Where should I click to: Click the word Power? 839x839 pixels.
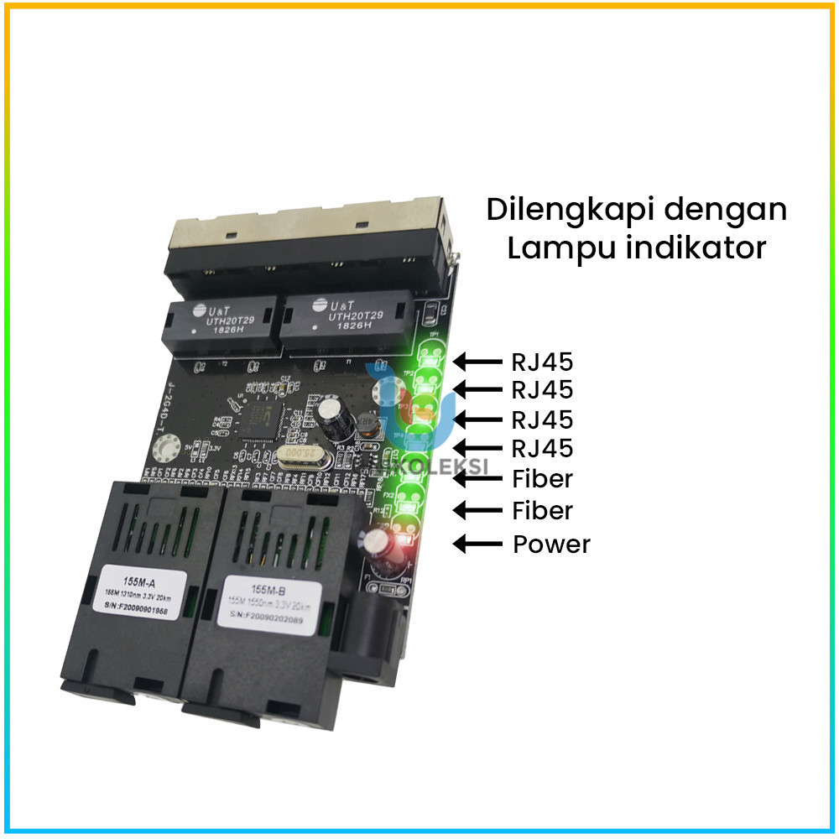click(551, 544)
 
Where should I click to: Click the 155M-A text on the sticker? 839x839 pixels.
click(134, 579)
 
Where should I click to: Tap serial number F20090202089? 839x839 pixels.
click(267, 622)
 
